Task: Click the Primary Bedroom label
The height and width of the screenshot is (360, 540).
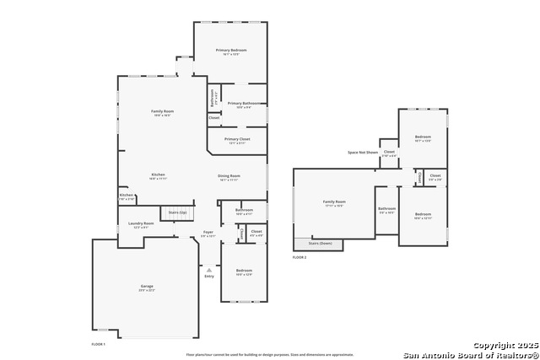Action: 229,51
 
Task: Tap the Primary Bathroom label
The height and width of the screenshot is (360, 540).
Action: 244,103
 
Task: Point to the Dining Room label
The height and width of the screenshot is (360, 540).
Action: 229,175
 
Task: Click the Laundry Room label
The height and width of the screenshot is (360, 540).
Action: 141,223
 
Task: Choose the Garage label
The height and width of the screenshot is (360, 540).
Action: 147,287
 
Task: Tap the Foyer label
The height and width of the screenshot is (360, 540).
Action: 208,232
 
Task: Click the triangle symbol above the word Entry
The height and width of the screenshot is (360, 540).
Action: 208,269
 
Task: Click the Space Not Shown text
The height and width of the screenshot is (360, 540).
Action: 363,153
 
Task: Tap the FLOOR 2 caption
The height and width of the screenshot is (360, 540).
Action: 300,256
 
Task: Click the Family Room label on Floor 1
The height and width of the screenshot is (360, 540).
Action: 162,111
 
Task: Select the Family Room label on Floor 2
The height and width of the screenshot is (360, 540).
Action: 334,201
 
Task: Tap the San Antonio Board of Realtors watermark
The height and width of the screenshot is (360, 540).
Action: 470,354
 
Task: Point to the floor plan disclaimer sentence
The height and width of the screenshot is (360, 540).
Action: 270,355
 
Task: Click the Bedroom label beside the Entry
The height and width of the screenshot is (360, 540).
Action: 244,271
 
